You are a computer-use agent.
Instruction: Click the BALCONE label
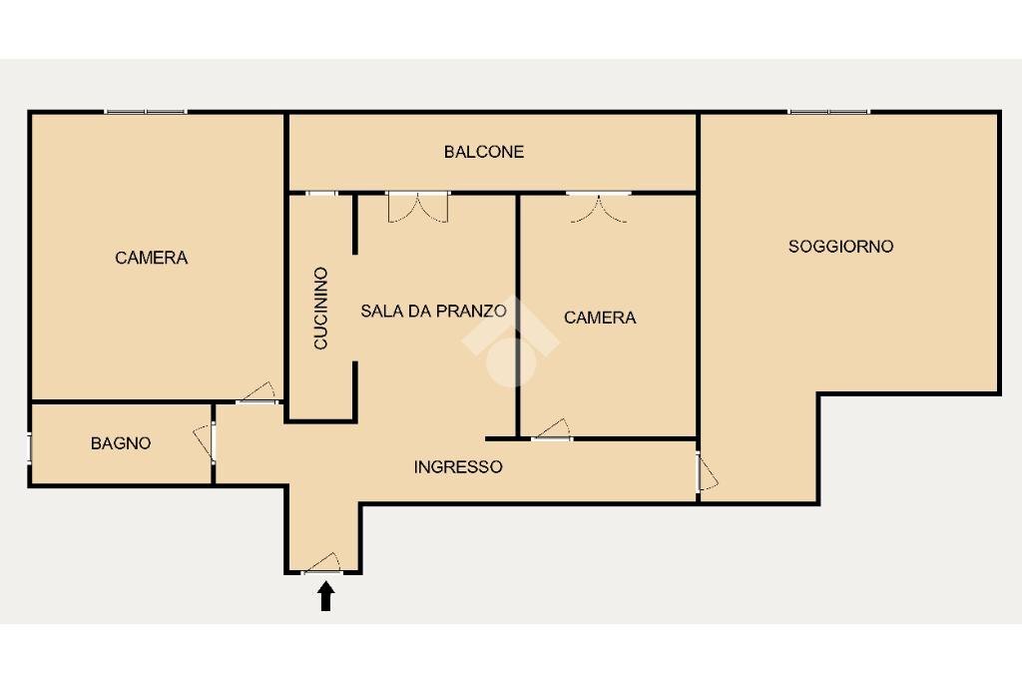[484, 152]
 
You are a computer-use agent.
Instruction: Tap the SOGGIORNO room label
[840, 246]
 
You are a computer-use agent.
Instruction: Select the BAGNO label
[121, 443]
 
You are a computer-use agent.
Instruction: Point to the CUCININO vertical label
[320, 308]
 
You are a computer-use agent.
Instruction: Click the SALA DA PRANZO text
[433, 311]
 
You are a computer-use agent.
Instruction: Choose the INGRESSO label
[458, 466]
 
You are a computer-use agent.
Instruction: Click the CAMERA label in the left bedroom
[151, 258]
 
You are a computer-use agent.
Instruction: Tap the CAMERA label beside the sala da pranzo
[600, 318]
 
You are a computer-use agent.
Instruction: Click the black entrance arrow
[325, 596]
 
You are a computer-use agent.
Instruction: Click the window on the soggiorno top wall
[828, 111]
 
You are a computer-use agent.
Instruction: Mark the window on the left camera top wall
[146, 111]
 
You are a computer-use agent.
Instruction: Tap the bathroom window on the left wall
[29, 447]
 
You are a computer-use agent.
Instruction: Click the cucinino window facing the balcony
[321, 193]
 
